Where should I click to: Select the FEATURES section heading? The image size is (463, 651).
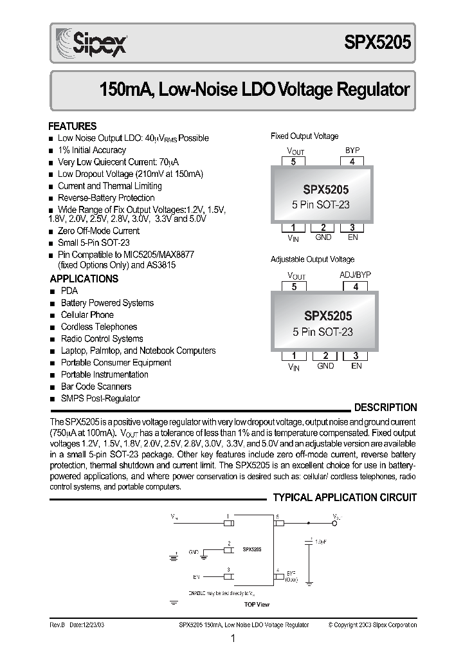click(x=73, y=126)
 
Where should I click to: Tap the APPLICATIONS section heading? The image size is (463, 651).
click(x=84, y=279)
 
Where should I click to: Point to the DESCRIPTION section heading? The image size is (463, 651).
click(x=385, y=408)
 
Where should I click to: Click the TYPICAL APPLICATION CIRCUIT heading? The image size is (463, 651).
click(x=345, y=498)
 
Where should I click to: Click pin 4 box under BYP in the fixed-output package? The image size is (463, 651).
click(x=352, y=162)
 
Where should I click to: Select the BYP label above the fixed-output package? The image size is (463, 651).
click(x=352, y=151)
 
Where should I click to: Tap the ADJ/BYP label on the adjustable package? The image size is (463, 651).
click(x=355, y=275)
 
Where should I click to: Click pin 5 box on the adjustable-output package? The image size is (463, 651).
click(x=295, y=288)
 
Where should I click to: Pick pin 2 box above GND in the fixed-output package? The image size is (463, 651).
click(x=323, y=228)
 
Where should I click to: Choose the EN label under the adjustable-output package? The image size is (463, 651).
click(x=356, y=366)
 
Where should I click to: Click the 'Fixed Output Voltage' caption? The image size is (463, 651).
click(x=304, y=136)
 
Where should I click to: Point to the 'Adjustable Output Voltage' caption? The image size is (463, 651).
click(x=312, y=259)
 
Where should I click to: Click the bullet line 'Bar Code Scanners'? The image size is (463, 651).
click(x=96, y=387)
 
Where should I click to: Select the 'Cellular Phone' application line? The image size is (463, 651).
click(x=87, y=315)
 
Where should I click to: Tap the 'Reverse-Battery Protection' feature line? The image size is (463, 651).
click(x=106, y=197)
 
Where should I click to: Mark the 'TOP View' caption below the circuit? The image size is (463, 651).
click(x=256, y=605)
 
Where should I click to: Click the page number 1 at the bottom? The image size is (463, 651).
click(x=232, y=639)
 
